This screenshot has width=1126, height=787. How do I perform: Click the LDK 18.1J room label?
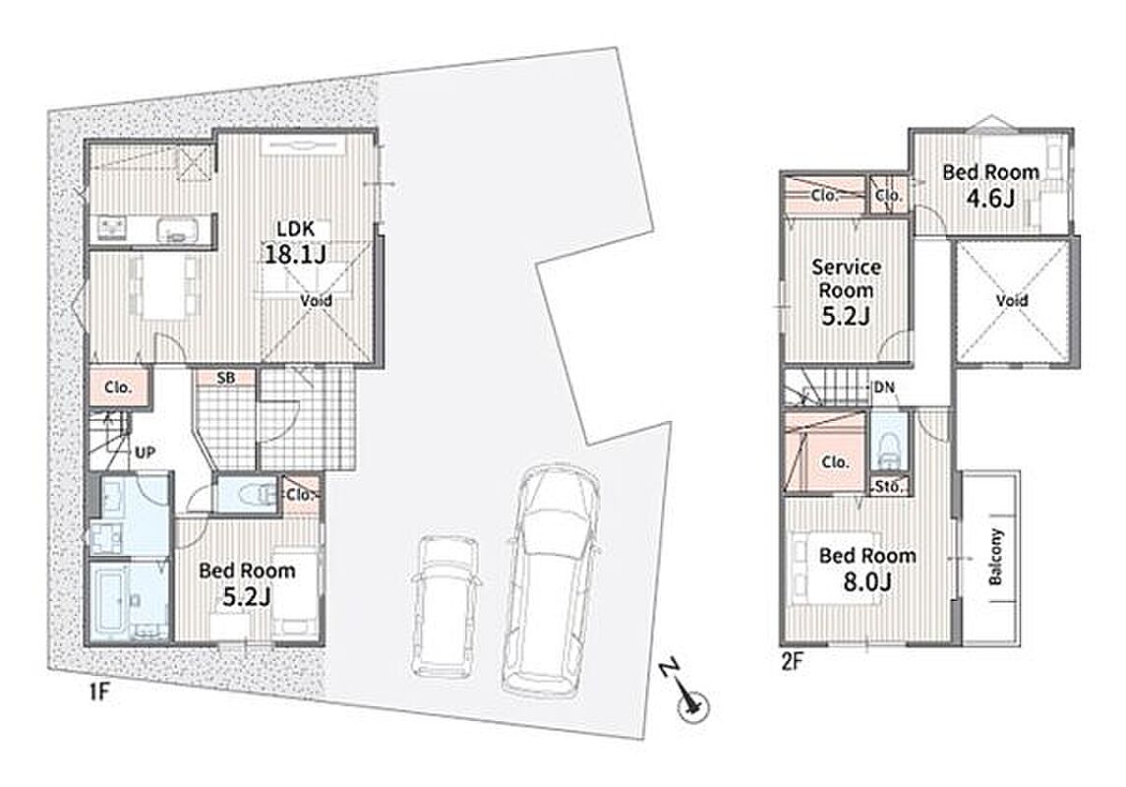pyautogui.click(x=296, y=242)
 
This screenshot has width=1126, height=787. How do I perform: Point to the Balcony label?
pyautogui.click(x=995, y=557)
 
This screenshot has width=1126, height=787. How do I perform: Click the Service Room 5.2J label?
pyautogui.click(x=846, y=291)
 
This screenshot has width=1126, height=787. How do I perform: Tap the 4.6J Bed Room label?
pyautogui.click(x=990, y=185)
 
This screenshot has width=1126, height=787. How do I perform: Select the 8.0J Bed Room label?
pyautogui.click(x=867, y=568)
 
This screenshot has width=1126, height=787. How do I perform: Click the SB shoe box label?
pyautogui.click(x=225, y=377)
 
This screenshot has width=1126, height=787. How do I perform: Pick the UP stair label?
pyautogui.click(x=146, y=453)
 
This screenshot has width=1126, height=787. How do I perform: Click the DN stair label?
pyautogui.click(x=884, y=388)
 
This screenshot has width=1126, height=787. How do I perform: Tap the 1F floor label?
pyautogui.click(x=97, y=693)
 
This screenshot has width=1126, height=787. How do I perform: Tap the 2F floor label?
pyautogui.click(x=792, y=660)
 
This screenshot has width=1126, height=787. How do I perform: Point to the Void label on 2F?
pyautogui.click(x=1012, y=300)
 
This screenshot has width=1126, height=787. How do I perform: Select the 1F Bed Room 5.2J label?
pyautogui.click(x=247, y=583)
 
